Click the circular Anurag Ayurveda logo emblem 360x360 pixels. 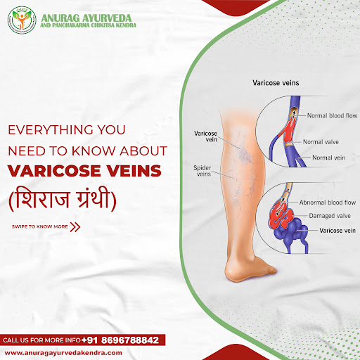click(22, 20)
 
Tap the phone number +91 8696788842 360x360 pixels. click(120, 340)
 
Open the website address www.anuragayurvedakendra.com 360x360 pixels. click(63, 353)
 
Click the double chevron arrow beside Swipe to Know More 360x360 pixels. click(75, 227)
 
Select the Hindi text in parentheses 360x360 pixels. click(63, 199)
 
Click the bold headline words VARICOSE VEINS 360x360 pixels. click(84, 171)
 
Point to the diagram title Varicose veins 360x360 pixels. click(276, 83)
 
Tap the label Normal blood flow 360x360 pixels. click(332, 115)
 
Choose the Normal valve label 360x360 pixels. click(321, 142)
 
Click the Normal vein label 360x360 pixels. click(328, 157)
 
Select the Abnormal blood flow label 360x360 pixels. click(328, 202)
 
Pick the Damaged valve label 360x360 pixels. click(330, 216)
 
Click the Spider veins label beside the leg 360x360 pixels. click(202, 171)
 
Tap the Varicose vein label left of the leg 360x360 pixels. click(205, 136)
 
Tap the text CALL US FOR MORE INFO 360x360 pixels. click(41, 340)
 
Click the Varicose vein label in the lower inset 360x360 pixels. click(337, 231)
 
